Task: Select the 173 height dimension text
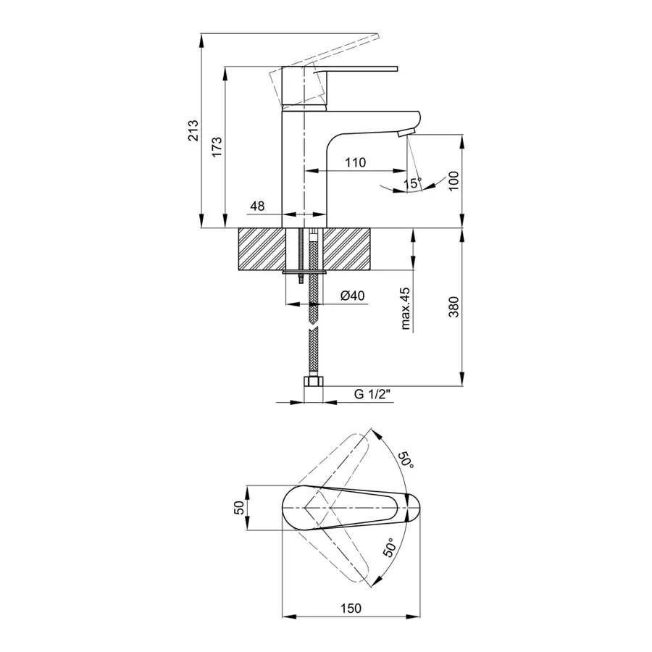(216, 147)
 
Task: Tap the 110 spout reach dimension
(355, 162)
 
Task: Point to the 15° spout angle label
(412, 183)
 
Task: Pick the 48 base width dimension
(257, 206)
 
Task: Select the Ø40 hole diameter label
(352, 296)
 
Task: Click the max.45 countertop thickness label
(406, 309)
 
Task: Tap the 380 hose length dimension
(454, 307)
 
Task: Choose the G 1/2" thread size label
(372, 395)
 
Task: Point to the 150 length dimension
(350, 608)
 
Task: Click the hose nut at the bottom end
(313, 382)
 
